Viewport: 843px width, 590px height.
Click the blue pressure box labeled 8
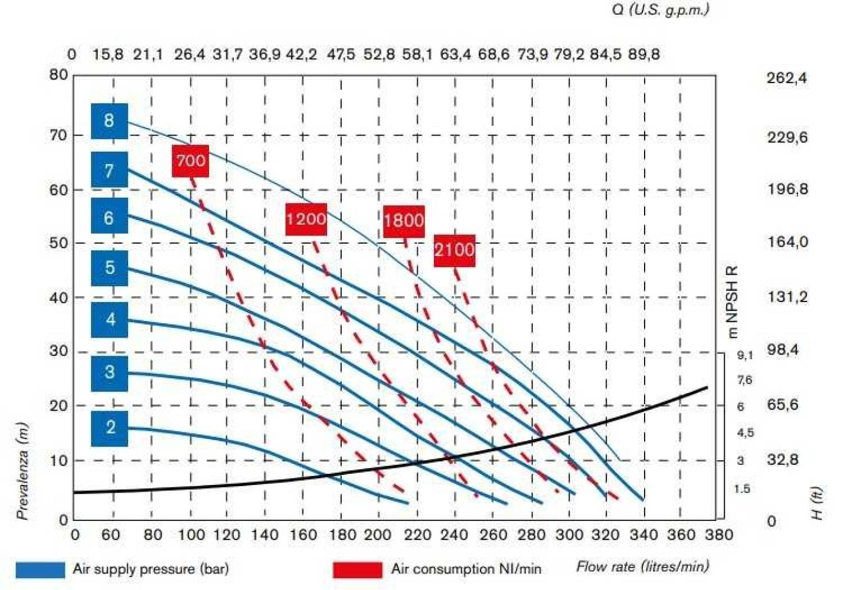pos(109,121)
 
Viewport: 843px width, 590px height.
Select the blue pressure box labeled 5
pos(109,268)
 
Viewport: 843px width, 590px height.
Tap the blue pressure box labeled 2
pos(109,427)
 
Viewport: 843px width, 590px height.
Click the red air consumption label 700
pos(190,160)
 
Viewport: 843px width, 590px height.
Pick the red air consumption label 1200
pos(306,219)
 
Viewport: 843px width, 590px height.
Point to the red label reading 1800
pos(404,221)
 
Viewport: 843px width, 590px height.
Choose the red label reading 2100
pos(454,250)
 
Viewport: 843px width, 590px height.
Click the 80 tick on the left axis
pos(58,75)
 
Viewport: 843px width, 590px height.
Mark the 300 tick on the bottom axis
pos(569,535)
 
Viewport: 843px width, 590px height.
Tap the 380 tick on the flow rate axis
pos(718,535)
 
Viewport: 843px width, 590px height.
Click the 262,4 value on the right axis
pos(787,78)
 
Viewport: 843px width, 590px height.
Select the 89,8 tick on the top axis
pos(644,55)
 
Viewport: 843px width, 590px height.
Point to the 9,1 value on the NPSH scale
pos(745,355)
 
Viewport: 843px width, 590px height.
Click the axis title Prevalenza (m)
pos(22,471)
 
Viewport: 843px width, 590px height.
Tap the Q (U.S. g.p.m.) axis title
pos(661,10)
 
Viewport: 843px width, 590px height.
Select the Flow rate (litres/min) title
pos(642,567)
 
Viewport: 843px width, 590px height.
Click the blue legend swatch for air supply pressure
pos(40,569)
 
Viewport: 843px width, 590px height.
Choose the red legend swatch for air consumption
pos(357,569)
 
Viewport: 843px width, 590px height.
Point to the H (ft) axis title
pos(817,503)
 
